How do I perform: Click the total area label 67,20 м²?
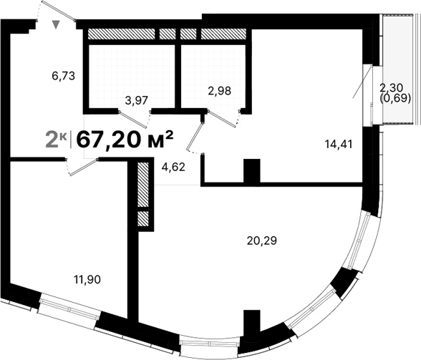tap(125, 138)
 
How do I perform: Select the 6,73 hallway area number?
tap(63, 74)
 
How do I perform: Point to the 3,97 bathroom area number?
tap(136, 99)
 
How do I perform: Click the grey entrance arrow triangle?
tap(57, 26)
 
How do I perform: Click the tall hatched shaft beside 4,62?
tap(142, 185)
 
